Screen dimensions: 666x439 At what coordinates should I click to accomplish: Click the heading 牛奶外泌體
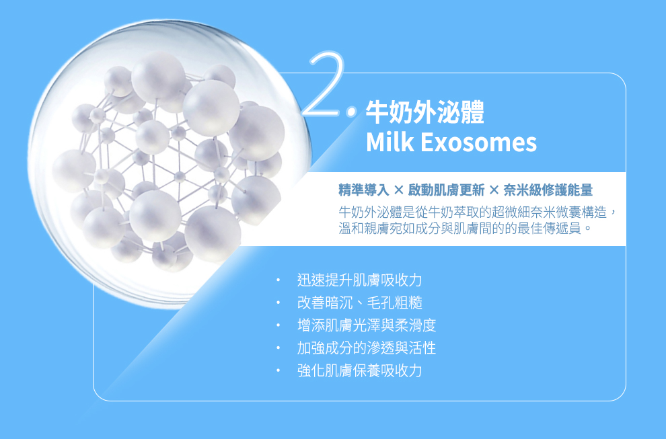[424, 112]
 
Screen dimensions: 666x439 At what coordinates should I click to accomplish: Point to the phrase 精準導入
[364, 190]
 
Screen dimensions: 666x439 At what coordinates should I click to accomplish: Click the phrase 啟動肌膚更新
[446, 190]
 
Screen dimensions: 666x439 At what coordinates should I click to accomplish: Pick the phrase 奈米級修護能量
[548, 190]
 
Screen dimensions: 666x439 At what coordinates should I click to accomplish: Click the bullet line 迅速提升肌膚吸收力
[359, 280]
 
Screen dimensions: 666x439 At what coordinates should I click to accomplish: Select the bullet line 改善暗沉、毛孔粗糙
[359, 303]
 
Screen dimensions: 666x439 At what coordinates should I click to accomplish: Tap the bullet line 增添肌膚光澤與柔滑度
[367, 325]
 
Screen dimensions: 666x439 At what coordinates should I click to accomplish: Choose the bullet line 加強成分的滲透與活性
[367, 348]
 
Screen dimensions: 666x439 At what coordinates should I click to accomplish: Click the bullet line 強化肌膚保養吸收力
[359, 370]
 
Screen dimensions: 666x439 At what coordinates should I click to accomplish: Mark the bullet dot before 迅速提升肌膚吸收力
[279, 280]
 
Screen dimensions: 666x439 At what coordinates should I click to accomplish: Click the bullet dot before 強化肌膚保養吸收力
[279, 370]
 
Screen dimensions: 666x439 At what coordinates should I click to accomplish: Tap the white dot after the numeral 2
[352, 112]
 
